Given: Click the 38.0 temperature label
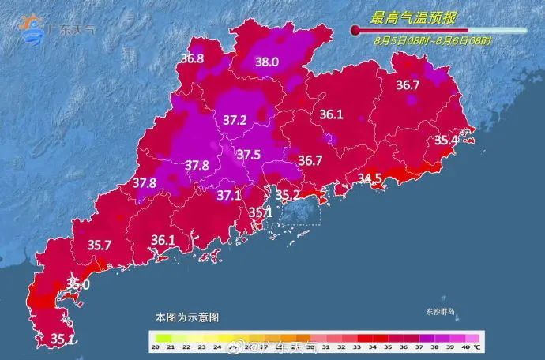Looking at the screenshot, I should click(x=267, y=62).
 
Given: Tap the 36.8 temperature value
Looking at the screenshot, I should click(x=192, y=58).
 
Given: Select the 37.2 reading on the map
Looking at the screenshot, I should click(x=235, y=120).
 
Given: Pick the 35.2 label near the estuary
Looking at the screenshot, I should click(x=287, y=194).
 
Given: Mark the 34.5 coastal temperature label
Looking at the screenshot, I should click(x=370, y=178).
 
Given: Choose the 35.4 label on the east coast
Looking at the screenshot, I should click(x=446, y=141).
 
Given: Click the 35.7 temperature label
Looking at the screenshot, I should click(x=99, y=245).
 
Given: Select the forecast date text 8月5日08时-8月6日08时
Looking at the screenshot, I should click(x=432, y=40).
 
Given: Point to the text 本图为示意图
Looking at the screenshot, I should click(x=186, y=317).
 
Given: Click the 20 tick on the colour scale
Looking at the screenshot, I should click(x=157, y=347).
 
